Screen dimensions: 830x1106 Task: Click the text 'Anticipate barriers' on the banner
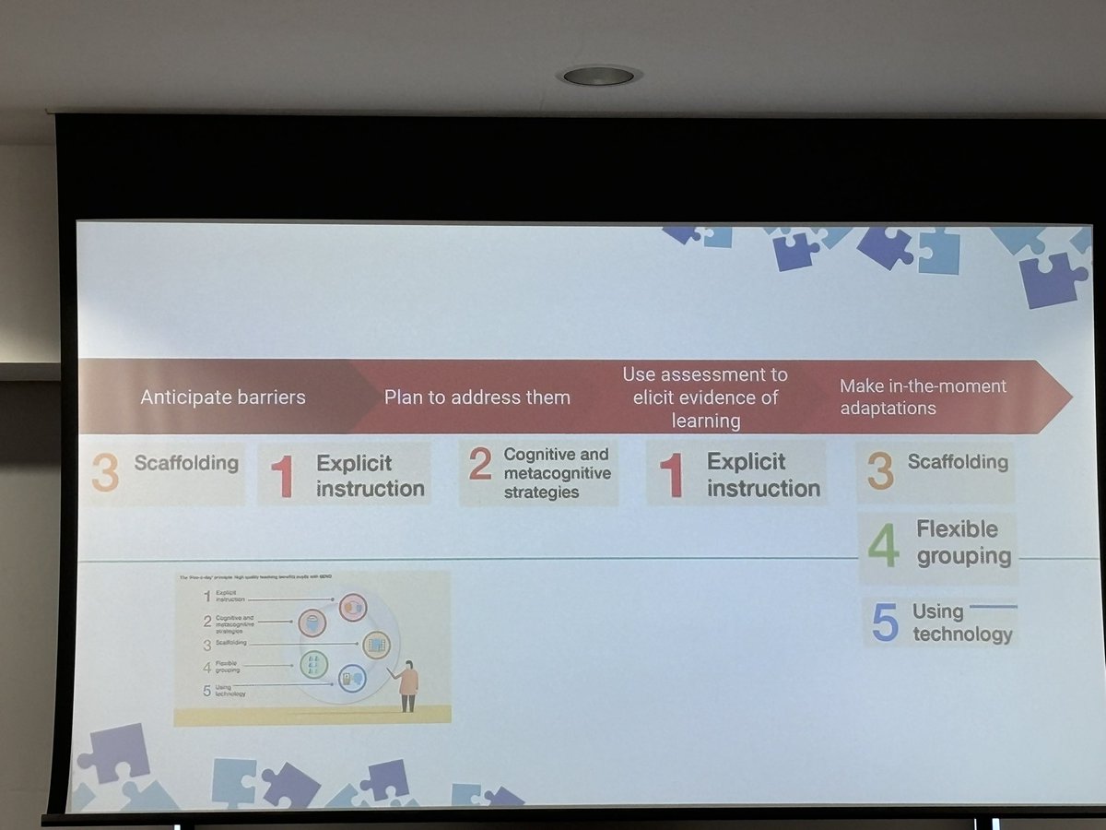pyautogui.click(x=222, y=397)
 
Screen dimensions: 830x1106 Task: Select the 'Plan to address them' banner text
pyautogui.click(x=477, y=397)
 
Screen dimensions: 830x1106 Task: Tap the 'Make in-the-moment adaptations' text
pyautogui.click(x=923, y=397)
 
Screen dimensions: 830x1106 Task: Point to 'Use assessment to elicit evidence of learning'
pyautogui.click(x=705, y=397)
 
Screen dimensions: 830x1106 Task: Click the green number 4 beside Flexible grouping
pyautogui.click(x=883, y=547)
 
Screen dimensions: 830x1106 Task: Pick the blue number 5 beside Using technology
pyautogui.click(x=885, y=623)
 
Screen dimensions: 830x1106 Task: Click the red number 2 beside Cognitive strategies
pyautogui.click(x=479, y=466)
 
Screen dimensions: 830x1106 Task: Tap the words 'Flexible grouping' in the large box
pyautogui.click(x=963, y=542)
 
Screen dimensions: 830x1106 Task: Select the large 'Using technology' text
pyautogui.click(x=961, y=622)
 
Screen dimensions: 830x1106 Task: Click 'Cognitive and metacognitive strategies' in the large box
pyautogui.click(x=557, y=473)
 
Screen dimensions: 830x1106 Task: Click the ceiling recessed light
pyautogui.click(x=598, y=76)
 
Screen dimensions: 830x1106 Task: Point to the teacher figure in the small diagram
pyautogui.click(x=406, y=685)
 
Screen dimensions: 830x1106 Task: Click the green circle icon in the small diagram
pyautogui.click(x=314, y=663)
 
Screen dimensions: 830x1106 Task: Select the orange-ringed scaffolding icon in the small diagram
pyautogui.click(x=375, y=644)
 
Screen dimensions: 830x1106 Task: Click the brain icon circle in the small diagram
pyautogui.click(x=312, y=623)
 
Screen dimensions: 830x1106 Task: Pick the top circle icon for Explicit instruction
pyautogui.click(x=353, y=607)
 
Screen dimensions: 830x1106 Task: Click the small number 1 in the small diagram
pyautogui.click(x=206, y=596)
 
